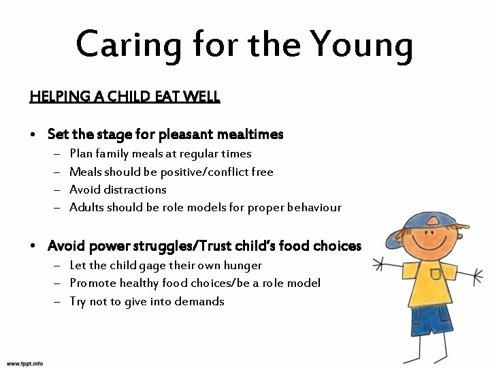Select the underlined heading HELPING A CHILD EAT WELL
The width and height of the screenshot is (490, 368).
click(125, 97)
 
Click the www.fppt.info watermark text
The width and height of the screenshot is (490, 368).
click(24, 363)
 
